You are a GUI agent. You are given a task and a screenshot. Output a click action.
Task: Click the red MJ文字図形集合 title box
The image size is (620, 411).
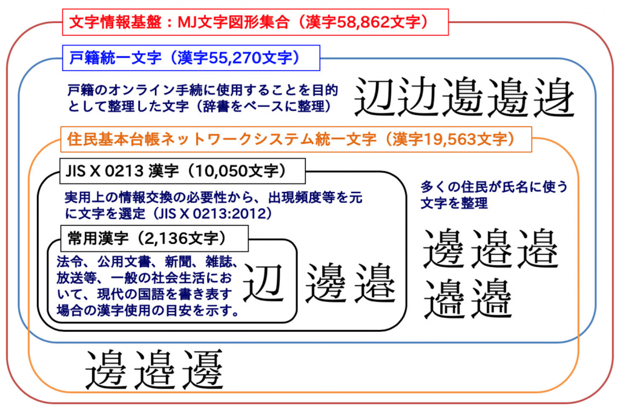(256, 22)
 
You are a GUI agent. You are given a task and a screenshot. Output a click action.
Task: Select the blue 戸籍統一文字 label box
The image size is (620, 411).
(191, 58)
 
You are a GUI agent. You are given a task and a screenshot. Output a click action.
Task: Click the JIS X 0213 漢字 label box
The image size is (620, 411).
(182, 171)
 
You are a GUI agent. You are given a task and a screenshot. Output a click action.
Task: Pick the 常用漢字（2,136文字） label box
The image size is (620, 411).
(154, 238)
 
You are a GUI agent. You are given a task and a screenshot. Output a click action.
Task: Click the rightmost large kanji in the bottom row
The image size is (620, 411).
(203, 369)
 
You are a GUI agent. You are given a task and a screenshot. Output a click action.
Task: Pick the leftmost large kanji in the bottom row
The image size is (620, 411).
(107, 369)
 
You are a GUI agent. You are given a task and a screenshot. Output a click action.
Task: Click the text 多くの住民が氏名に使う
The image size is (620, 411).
(494, 186)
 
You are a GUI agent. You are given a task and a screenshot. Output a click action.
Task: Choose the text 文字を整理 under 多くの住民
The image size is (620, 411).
(454, 203)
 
